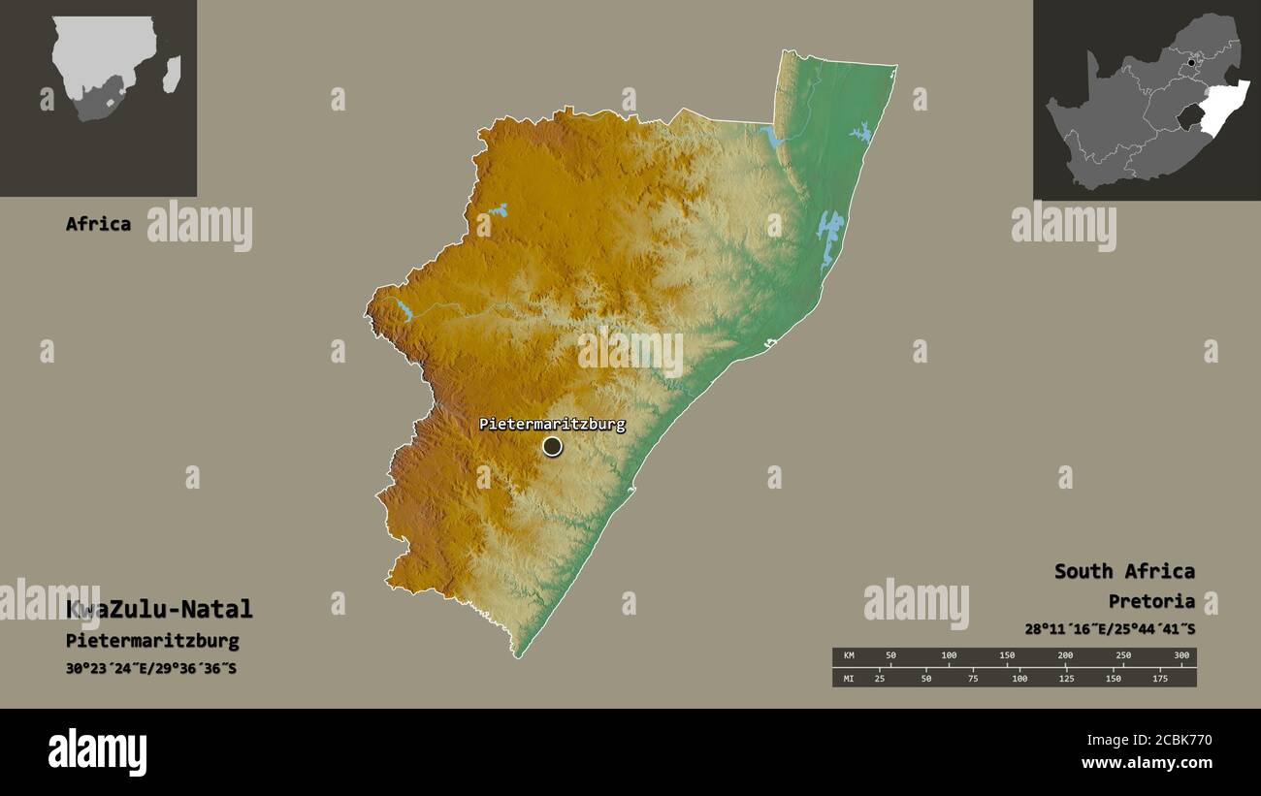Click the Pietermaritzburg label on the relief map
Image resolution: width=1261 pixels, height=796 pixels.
click(x=552, y=425)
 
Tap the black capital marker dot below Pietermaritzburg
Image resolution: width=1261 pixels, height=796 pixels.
click(x=552, y=446)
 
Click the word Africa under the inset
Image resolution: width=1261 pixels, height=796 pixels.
click(x=98, y=224)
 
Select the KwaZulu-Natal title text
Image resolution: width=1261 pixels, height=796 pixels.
click(x=159, y=610)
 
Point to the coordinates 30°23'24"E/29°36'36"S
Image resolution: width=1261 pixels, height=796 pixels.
click(x=150, y=669)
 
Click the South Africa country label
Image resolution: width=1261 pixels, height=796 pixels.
click(x=1124, y=571)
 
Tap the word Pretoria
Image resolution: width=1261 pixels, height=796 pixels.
click(x=1151, y=601)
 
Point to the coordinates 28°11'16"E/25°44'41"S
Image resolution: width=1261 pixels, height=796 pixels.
click(x=1110, y=628)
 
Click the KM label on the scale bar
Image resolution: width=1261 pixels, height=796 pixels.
click(x=849, y=656)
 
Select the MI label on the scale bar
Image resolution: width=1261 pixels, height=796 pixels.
click(x=849, y=678)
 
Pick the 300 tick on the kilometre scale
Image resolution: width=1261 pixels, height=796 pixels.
click(x=1180, y=656)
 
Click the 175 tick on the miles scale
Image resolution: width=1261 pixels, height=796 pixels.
click(x=1158, y=678)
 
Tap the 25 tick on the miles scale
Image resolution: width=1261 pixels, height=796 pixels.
click(x=880, y=678)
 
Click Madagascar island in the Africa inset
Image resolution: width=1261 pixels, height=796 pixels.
click(x=172, y=74)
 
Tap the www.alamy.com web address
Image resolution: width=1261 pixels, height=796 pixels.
click(x=1146, y=763)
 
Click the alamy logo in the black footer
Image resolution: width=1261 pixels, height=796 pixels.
click(x=97, y=752)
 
